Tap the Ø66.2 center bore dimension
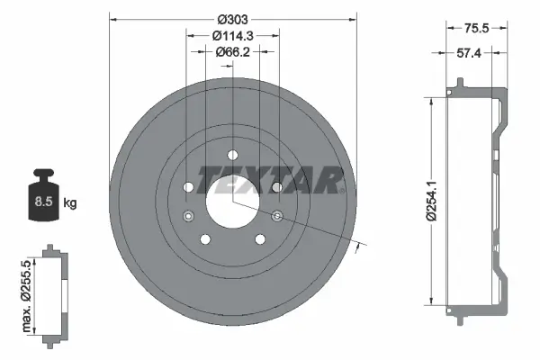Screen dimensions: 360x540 coord(232,52)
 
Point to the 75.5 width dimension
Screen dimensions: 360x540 coord(476,28)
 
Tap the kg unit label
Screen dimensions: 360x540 coord(70,203)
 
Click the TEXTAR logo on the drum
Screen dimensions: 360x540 coord(269,180)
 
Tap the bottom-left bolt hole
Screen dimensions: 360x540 coord(206,238)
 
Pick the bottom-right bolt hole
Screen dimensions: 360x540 coord(259,238)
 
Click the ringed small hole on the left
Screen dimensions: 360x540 coord(188,215)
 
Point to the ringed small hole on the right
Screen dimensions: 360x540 coord(277,215)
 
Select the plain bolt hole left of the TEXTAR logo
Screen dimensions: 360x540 coord(189,187)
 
